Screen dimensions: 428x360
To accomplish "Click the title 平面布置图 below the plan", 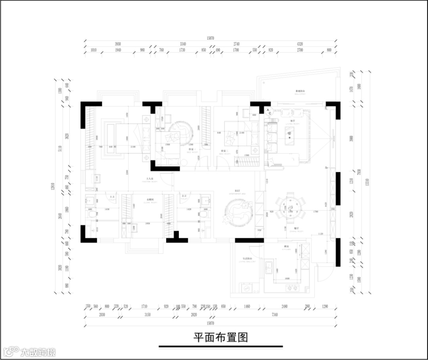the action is click(221, 337).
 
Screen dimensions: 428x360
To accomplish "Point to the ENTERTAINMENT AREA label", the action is click(238, 193).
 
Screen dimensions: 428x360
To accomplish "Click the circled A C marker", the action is click(269, 110).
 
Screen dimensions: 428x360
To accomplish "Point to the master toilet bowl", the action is click(93, 214).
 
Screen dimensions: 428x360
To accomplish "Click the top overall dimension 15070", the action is click(210, 38).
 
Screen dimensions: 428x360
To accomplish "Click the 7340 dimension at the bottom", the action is click(274, 316).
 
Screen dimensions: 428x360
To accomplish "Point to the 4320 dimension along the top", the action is click(300, 44).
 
